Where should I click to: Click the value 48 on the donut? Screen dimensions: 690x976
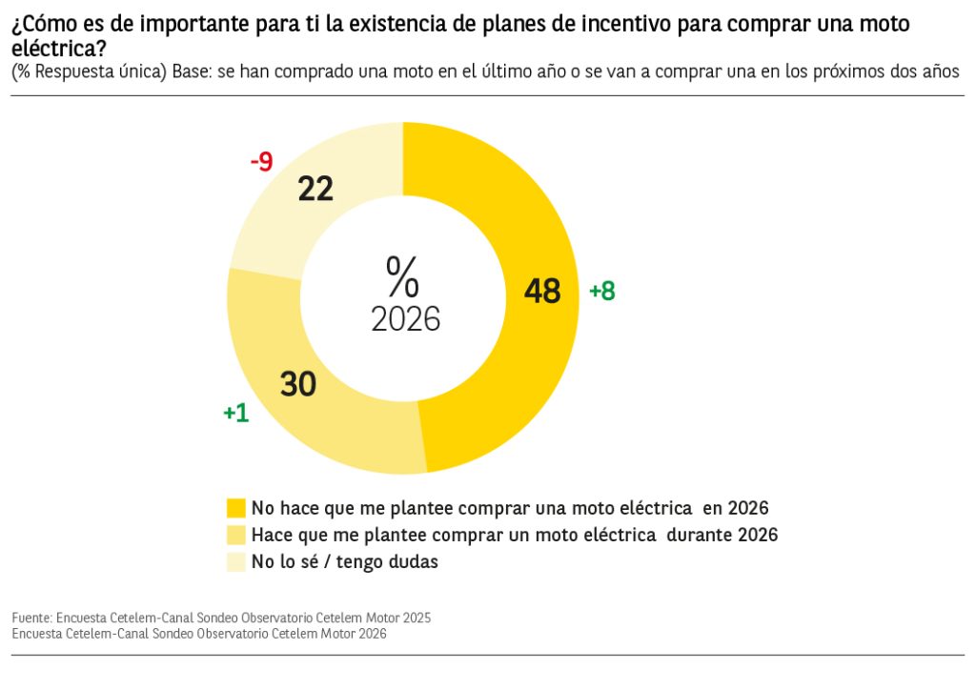542,292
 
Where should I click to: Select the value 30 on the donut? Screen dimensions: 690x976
298,383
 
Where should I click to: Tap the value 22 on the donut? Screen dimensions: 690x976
315,189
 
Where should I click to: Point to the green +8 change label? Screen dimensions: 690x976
602,292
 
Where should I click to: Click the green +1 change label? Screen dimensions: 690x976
235,413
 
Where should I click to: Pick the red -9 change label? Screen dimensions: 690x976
261,162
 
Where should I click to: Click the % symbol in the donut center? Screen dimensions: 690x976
403,276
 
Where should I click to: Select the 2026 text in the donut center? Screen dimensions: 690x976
405,319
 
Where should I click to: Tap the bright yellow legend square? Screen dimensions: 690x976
235,507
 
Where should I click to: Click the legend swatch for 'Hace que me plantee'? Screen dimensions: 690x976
235,535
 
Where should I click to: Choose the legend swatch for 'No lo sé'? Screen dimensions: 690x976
235,562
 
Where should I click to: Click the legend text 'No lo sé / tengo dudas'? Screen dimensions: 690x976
344,562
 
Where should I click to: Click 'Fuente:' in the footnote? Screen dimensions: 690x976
32,618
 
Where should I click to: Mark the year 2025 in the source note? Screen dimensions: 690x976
416,618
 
